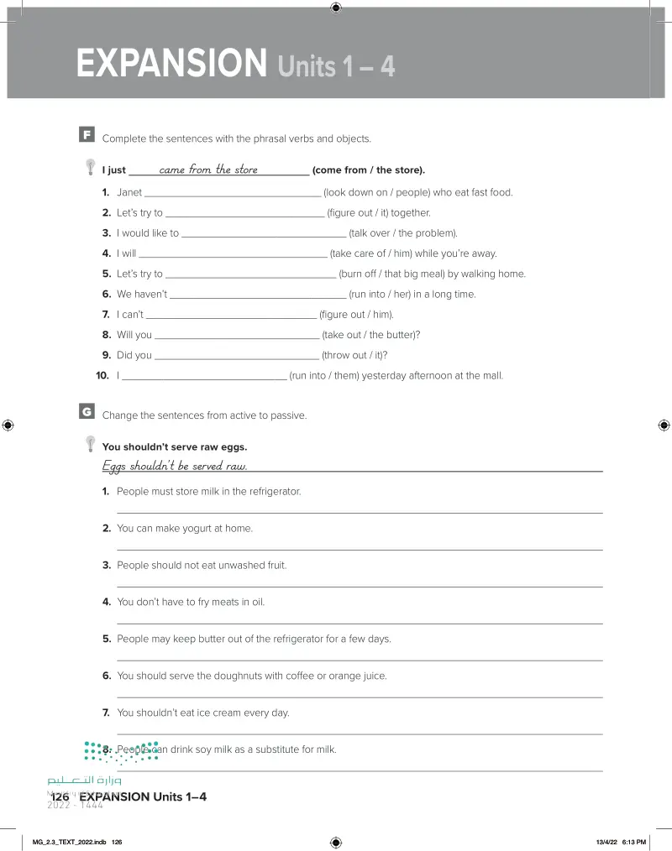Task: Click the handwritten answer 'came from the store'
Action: coord(208,170)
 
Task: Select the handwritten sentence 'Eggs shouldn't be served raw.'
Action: coord(175,466)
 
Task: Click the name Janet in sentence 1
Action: coord(129,192)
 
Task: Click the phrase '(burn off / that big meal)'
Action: coord(391,274)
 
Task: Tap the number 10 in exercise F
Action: coord(102,376)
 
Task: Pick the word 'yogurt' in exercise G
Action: coord(184,529)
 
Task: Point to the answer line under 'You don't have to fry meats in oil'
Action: coord(360,623)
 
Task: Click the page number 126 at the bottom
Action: coord(60,796)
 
